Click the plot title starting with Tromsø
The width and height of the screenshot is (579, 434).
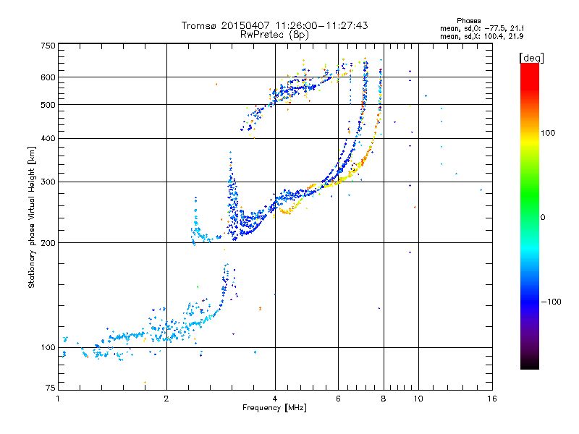pos(274,25)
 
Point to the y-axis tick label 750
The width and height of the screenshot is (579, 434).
pos(48,46)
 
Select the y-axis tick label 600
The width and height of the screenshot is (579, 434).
pos(48,77)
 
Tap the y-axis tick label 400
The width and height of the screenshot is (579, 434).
pos(48,138)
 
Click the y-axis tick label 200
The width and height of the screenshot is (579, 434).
pos(48,242)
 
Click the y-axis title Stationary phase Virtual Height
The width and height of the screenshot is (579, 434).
pos(32,218)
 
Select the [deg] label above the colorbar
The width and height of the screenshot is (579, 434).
pos(531,57)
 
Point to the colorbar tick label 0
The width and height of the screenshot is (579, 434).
pos(543,217)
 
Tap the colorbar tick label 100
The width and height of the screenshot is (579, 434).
pos(549,133)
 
